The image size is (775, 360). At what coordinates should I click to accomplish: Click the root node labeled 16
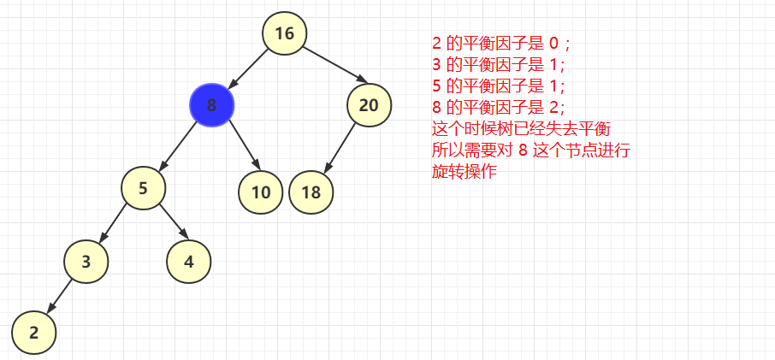click(284, 33)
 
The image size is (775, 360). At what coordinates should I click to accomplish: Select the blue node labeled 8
click(211, 105)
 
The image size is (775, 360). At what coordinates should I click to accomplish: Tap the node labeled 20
click(369, 105)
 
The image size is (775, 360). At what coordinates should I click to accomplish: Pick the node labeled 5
click(143, 188)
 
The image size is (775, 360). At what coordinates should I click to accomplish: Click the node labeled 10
click(261, 192)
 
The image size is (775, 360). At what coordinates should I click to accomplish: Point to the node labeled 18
click(311, 192)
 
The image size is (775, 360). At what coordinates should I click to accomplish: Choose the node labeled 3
click(86, 262)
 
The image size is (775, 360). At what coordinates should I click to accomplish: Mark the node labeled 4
click(189, 262)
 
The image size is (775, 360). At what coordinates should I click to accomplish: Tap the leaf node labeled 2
click(33, 333)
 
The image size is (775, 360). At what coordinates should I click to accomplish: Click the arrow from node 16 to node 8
click(249, 68)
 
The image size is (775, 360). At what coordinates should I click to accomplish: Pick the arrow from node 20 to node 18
click(340, 148)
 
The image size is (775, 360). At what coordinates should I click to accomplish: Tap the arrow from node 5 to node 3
click(115, 224)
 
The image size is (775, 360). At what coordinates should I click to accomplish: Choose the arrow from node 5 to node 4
click(171, 221)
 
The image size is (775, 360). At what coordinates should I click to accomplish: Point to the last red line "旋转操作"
click(464, 172)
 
